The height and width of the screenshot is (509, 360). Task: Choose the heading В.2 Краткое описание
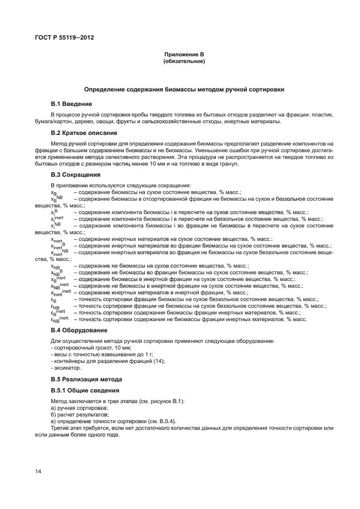click(84, 133)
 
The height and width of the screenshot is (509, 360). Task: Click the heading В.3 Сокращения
click(75, 174)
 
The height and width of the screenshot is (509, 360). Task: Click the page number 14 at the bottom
click(38, 472)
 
